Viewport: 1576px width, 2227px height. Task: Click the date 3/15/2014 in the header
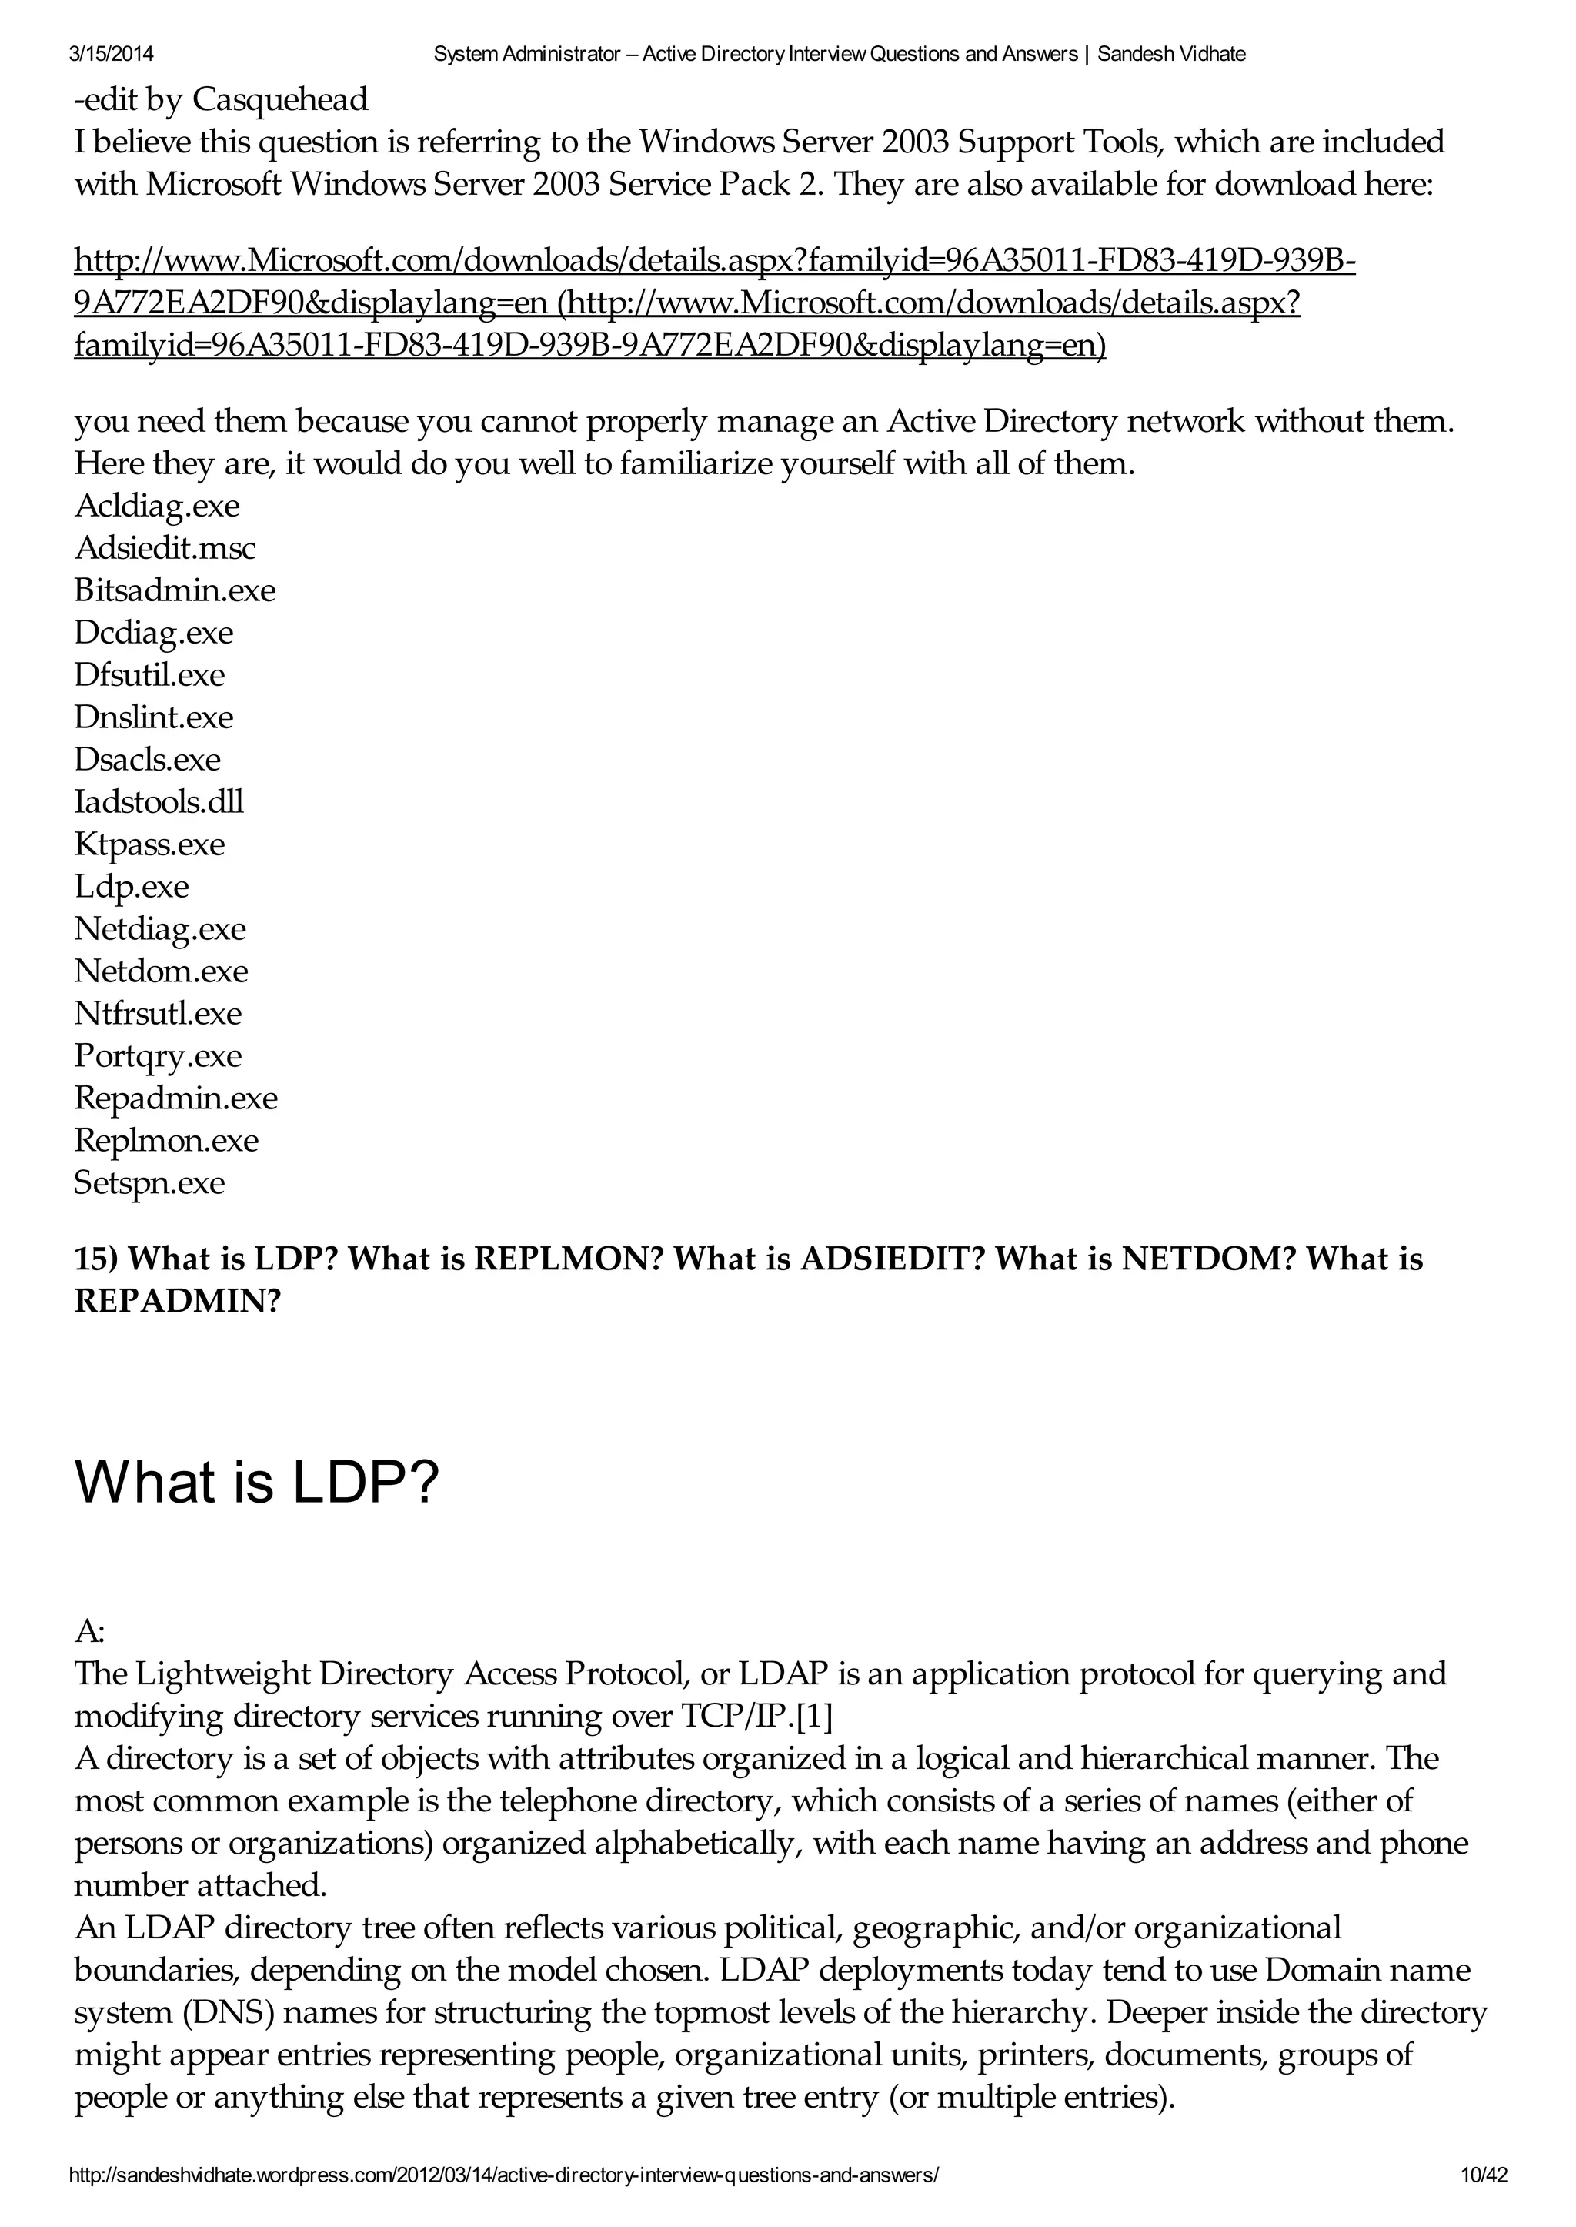[112, 55]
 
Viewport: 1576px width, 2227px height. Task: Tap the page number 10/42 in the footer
[1484, 2175]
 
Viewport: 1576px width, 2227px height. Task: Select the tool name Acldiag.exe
[157, 506]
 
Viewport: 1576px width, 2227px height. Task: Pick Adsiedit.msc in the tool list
[165, 549]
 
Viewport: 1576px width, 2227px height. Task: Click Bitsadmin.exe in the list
[175, 590]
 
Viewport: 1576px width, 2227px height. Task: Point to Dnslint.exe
[153, 717]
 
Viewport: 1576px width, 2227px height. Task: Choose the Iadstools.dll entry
[159, 802]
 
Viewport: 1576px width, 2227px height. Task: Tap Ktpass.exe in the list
[149, 844]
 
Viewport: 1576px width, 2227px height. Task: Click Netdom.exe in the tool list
[161, 971]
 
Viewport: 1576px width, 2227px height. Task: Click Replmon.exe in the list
[166, 1140]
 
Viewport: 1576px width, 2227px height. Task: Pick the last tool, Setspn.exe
[149, 1182]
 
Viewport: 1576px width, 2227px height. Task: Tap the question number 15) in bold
[96, 1259]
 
